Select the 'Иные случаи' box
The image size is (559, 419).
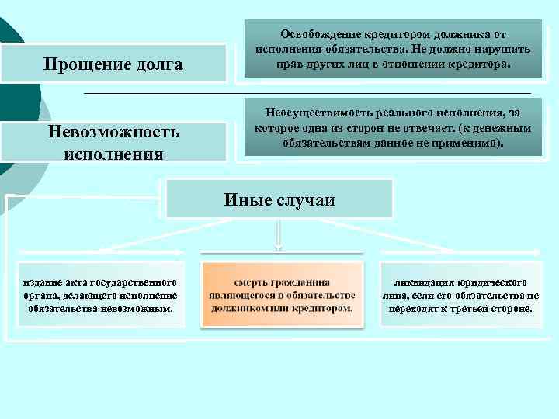click(x=279, y=199)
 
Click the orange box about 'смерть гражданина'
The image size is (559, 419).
click(x=282, y=295)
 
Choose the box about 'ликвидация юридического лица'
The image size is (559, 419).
click(x=460, y=295)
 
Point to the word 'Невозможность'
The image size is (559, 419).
click(x=113, y=132)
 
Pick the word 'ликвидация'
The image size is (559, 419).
click(x=424, y=282)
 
